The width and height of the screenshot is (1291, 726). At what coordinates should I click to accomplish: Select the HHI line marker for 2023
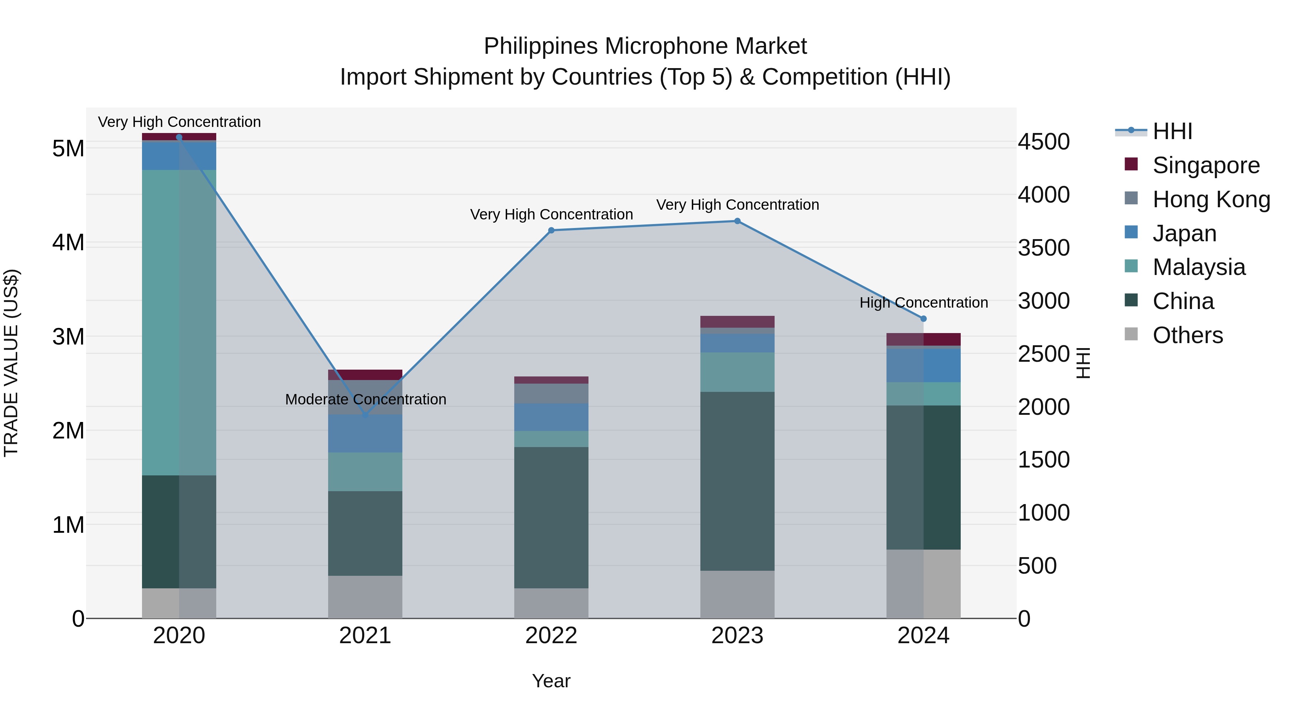click(x=737, y=221)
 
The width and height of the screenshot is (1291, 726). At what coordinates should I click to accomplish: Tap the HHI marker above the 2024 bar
click(x=924, y=319)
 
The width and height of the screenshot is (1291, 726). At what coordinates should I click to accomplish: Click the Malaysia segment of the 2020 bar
click(x=179, y=322)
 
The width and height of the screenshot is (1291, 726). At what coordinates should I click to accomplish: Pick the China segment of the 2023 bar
click(x=737, y=481)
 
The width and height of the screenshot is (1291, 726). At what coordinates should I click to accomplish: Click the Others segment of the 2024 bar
click(x=924, y=584)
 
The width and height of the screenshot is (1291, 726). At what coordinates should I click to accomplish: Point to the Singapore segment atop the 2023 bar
click(x=737, y=322)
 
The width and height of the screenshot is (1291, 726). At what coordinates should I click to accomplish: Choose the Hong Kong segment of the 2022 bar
click(x=551, y=393)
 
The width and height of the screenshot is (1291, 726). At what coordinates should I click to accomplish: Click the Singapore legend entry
click(x=1205, y=165)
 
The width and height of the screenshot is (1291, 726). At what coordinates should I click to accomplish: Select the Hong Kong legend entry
click(x=1210, y=199)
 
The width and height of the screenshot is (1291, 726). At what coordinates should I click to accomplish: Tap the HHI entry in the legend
click(x=1172, y=131)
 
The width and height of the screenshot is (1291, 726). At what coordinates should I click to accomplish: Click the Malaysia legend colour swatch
click(x=1131, y=266)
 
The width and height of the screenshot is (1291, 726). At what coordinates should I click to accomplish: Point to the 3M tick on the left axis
click(x=68, y=337)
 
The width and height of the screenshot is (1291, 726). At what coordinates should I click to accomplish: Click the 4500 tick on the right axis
click(x=1044, y=142)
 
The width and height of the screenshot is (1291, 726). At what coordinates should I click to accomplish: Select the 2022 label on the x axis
click(x=551, y=636)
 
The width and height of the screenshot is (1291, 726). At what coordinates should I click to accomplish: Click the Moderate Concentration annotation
click(x=365, y=399)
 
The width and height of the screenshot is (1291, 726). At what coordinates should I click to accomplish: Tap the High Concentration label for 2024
click(x=924, y=303)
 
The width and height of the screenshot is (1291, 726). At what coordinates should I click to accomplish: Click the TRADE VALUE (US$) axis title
click(x=11, y=363)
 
